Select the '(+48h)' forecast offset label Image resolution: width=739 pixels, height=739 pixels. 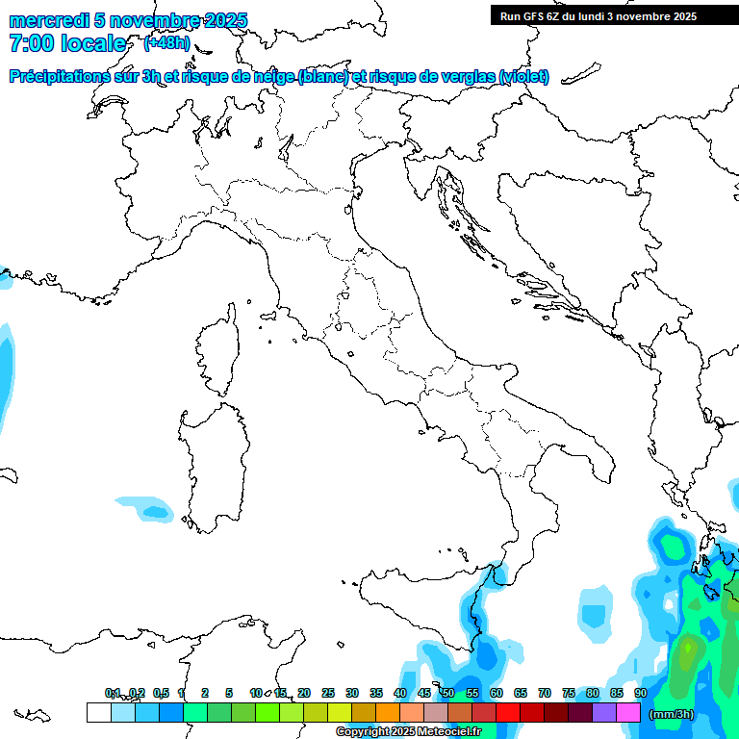166,43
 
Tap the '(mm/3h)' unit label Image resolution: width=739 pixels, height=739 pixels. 672,713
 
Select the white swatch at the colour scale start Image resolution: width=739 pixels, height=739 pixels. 98,712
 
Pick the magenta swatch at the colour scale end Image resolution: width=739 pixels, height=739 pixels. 628,712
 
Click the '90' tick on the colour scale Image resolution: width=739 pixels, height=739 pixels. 641,693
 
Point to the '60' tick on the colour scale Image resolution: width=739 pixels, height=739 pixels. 497,693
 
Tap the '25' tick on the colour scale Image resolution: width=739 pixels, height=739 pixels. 328,693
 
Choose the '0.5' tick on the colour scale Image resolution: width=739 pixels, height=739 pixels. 161,693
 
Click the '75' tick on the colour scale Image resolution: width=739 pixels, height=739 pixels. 569,693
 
